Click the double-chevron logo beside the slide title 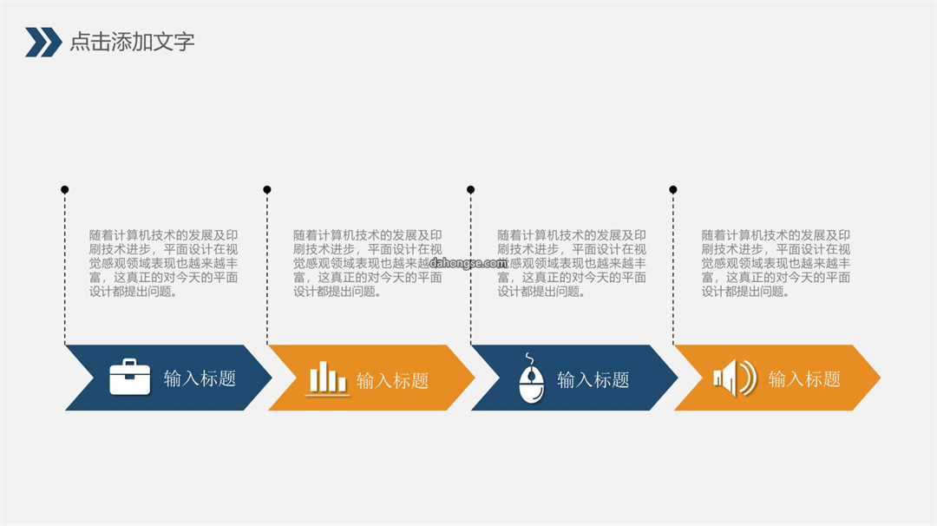[x=43, y=42]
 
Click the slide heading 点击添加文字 [x=132, y=42]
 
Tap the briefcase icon [x=129, y=377]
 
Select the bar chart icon [x=327, y=379]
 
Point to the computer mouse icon [x=531, y=378]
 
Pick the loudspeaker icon [x=735, y=378]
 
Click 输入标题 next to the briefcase [x=200, y=378]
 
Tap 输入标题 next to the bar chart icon [x=393, y=380]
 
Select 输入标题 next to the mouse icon [x=593, y=379]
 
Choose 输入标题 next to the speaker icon [x=804, y=379]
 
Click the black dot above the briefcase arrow [x=64, y=189]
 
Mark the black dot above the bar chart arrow [x=267, y=189]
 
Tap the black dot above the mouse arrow [x=471, y=189]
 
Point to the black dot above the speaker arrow [x=673, y=189]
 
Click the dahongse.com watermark [x=468, y=263]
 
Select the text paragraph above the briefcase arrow [x=164, y=264]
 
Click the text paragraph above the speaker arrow [x=776, y=264]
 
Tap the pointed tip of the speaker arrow [x=881, y=378]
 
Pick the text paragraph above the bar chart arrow [x=368, y=264]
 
